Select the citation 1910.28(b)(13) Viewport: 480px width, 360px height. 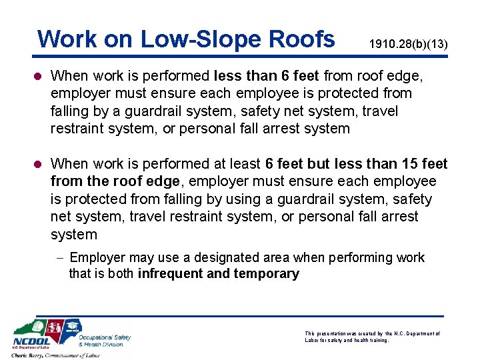(x=408, y=45)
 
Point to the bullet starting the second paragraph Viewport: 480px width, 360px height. (x=41, y=164)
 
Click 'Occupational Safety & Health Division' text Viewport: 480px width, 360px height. (x=105, y=340)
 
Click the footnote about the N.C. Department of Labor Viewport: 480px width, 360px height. (x=372, y=336)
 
